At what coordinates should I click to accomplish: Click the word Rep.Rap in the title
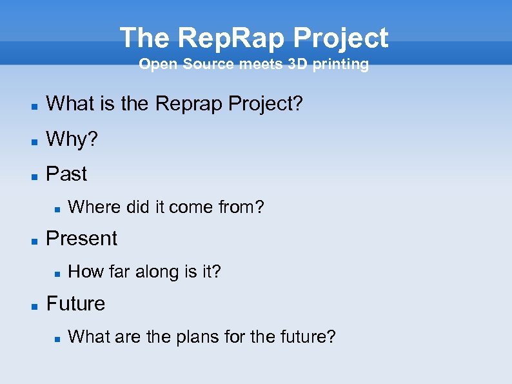231,38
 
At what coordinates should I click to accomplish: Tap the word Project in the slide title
340,38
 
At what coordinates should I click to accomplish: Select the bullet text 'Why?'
72,139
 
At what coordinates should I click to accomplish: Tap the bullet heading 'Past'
66,174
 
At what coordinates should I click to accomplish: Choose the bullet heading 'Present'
82,238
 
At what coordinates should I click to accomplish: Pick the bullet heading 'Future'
75,303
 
